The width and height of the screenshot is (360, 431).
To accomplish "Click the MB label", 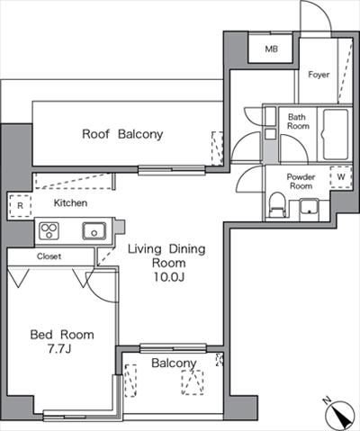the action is [271, 49].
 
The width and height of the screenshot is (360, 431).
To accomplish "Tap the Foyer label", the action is [319, 75].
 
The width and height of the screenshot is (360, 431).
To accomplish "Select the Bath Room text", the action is [298, 121].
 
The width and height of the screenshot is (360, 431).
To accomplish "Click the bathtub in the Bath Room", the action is [336, 135].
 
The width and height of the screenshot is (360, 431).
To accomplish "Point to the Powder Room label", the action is [301, 181].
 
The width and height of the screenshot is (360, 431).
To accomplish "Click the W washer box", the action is [341, 177].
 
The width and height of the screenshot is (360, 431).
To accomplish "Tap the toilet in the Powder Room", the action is [277, 205].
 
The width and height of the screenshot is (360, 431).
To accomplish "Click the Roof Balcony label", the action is [122, 134].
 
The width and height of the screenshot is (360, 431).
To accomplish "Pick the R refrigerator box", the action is [20, 206].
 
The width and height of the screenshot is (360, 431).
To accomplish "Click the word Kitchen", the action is [70, 203].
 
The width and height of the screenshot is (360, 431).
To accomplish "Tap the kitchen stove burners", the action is [49, 231].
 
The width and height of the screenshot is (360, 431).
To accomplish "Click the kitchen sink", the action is [94, 231].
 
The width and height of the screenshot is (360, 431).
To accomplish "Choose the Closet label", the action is [49, 256].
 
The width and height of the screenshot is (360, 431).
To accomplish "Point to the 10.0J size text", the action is [168, 277].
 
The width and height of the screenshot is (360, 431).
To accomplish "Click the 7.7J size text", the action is [59, 348].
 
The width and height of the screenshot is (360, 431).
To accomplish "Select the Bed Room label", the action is [62, 335].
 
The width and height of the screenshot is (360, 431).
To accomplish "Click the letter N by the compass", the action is [327, 400].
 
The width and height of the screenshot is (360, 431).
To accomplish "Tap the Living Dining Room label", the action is [166, 256].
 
